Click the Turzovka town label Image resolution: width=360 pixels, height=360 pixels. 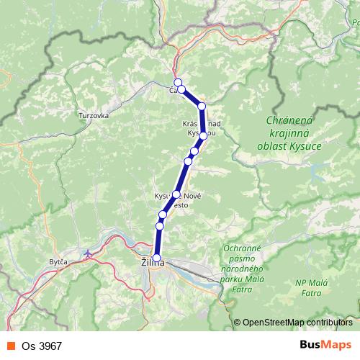(x=94, y=115)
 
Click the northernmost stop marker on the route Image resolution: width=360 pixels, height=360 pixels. (x=177, y=82)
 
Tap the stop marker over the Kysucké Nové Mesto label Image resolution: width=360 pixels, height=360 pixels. (x=176, y=194)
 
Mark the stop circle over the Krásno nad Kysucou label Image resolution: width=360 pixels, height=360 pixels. (x=203, y=135)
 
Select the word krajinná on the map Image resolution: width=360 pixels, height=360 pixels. (x=292, y=135)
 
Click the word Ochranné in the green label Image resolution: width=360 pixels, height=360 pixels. (x=247, y=248)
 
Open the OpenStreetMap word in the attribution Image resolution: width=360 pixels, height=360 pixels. (x=273, y=323)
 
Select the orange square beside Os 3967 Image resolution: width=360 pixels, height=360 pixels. (x=11, y=346)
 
